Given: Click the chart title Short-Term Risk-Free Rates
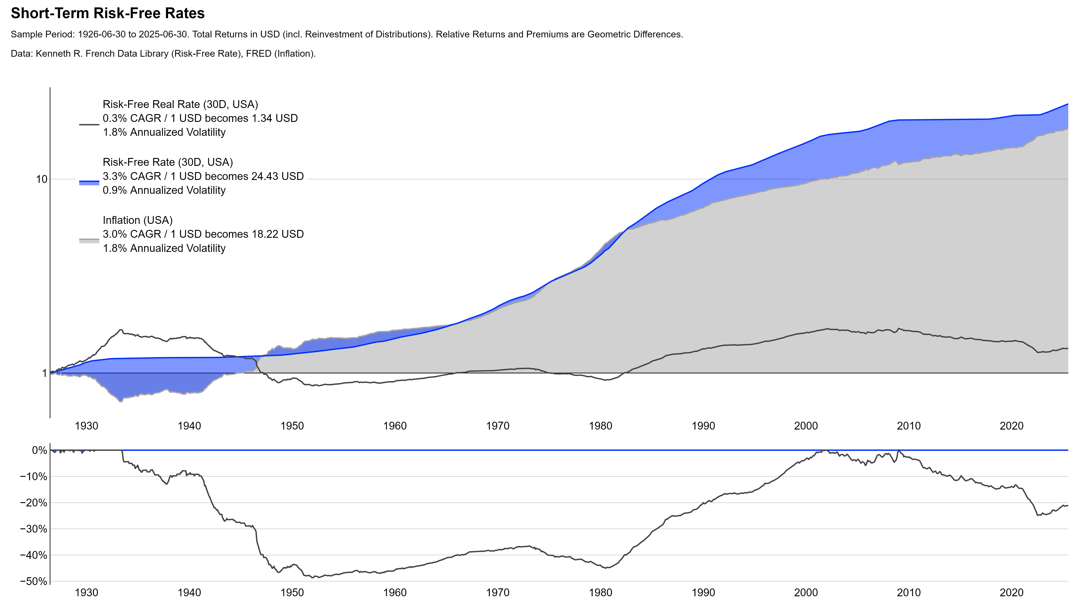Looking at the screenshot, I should click(x=108, y=13).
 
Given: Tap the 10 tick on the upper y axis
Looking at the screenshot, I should click(x=41, y=179).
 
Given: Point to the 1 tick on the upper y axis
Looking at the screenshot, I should click(x=44, y=373).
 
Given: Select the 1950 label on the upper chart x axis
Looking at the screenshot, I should click(x=292, y=426).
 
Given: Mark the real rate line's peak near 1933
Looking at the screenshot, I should click(x=121, y=330).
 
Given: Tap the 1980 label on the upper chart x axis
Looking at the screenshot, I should click(x=600, y=426).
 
